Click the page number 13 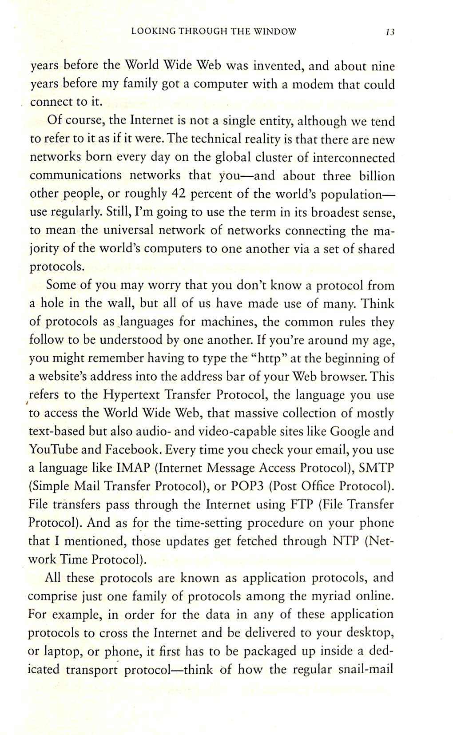[x=390, y=32]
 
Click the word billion [x=377, y=176]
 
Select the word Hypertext [x=131, y=395]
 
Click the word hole [x=52, y=304]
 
